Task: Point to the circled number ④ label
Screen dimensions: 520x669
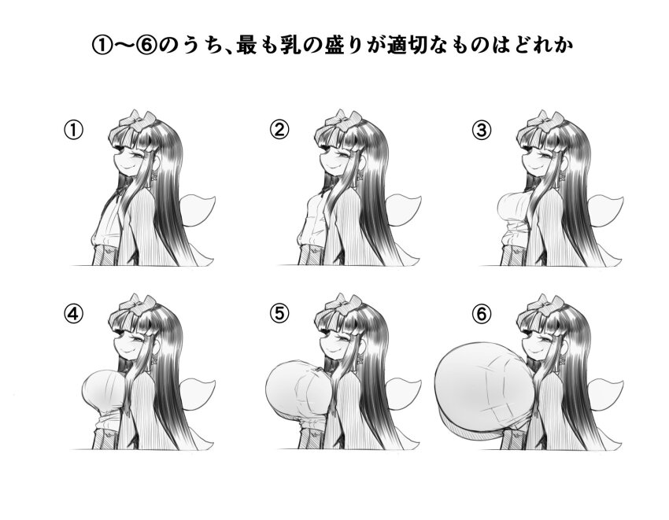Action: click(72, 314)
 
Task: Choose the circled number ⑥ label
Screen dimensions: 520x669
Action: click(482, 314)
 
